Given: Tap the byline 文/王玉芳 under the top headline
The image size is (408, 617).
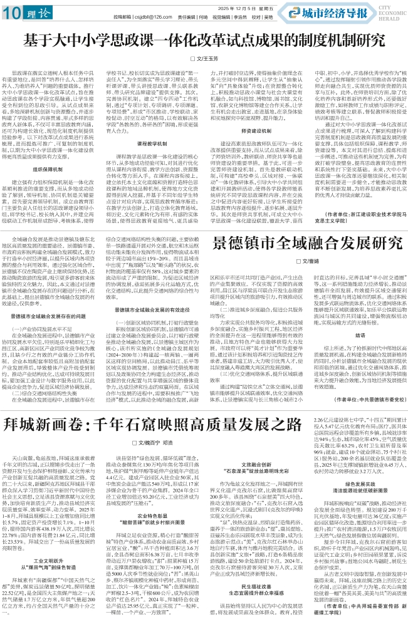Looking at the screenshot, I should [x=204, y=58].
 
